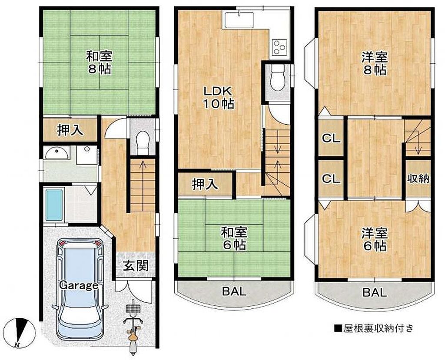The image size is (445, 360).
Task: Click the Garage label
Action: click(79, 285)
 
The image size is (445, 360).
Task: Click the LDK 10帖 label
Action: click(219, 97)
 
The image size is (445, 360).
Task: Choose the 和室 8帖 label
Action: click(99, 62)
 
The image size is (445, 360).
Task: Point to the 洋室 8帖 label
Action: click(375, 63)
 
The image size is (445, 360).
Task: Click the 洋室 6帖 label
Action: click(375, 240)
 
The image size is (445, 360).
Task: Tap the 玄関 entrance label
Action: click(136, 265)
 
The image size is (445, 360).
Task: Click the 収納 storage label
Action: click(418, 178)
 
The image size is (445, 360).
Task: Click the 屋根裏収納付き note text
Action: click(374, 328)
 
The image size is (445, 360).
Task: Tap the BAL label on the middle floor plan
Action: click(234, 291)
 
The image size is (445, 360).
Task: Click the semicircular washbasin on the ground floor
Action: click(57, 153)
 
